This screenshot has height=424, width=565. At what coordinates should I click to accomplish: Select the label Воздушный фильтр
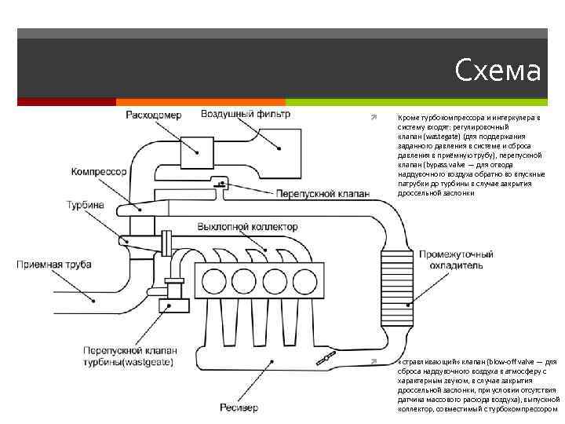pos(246,114)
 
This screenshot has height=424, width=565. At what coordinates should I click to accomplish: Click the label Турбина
pos(85,205)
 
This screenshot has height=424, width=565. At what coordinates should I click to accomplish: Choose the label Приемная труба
pos(54,264)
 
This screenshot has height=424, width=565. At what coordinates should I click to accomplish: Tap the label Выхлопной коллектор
pos(247,227)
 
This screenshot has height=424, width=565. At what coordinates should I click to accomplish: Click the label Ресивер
pos(235,407)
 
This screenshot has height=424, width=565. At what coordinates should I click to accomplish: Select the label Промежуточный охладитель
pos(456,260)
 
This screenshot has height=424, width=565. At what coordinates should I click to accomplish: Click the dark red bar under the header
pos(67,102)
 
